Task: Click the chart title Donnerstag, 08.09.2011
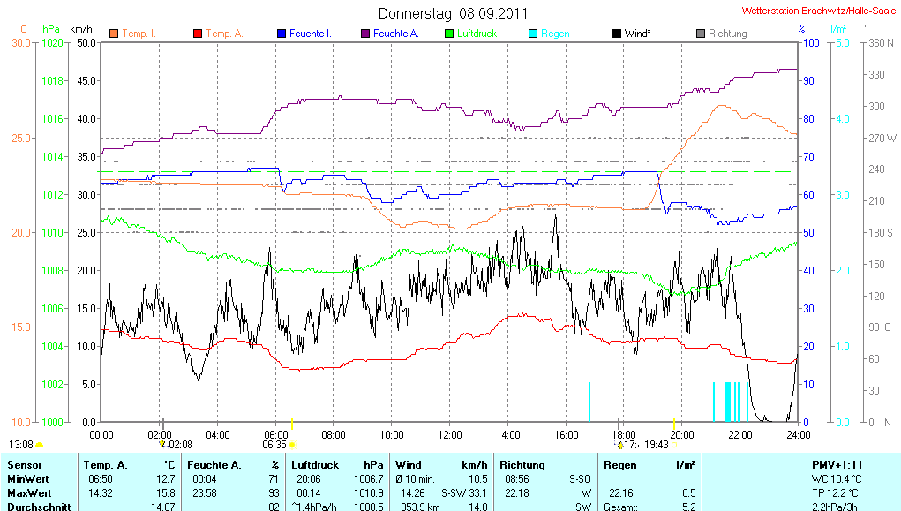coord(453,13)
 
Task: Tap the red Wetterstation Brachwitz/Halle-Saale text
coord(820,11)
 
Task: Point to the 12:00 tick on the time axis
coord(450,434)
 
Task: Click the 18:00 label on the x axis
coord(624,434)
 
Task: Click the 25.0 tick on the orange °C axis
coord(20,138)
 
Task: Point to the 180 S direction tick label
coord(882,232)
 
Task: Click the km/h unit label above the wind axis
coord(81,29)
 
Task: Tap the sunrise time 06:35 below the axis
coord(274,445)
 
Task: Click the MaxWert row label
coord(28,492)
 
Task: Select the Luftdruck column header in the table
coord(316,464)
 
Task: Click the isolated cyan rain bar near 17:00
coord(589,402)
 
